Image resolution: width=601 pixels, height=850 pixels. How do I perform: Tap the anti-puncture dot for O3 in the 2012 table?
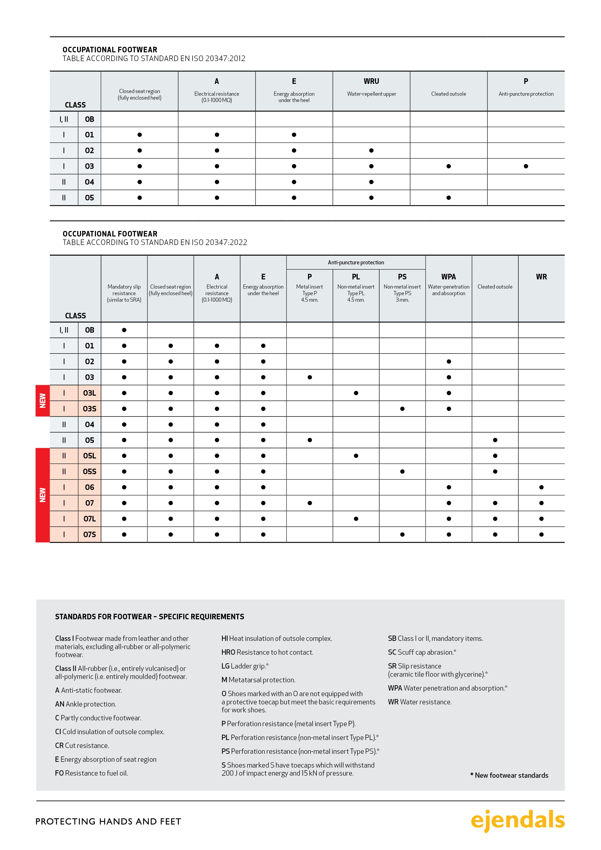pos(526,166)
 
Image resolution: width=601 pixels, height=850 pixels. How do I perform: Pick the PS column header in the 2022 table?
pos(402,277)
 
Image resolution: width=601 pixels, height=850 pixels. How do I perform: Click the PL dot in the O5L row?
pos(356,456)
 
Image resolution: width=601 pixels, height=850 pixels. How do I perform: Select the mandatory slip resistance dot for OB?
pos(124,330)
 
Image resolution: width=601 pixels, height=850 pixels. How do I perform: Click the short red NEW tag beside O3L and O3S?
pos(43,401)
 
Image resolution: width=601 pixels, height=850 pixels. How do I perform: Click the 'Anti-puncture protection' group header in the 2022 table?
pos(356,262)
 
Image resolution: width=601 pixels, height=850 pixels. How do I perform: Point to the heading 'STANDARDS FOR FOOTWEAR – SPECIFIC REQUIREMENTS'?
pos(150,616)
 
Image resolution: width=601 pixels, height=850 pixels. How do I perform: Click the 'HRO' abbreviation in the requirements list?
pos(228,652)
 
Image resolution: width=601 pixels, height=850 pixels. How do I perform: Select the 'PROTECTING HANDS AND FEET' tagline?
pos(108,821)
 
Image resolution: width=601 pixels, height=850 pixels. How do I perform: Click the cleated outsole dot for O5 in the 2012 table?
pos(448,198)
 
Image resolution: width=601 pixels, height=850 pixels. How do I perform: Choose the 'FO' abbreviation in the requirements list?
pos(59,773)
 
